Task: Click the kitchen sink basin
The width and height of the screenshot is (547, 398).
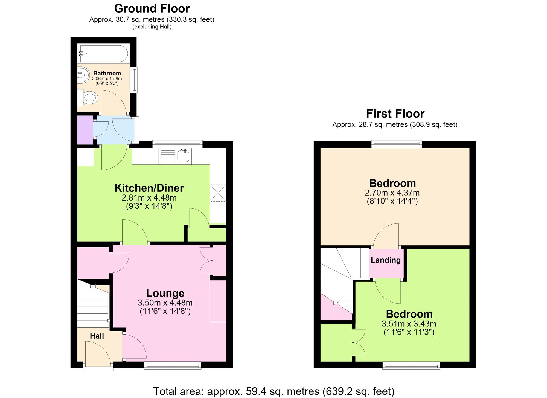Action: pyautogui.click(x=183, y=156)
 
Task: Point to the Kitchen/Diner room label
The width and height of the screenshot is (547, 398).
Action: pyautogui.click(x=149, y=188)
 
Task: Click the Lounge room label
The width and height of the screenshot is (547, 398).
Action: pyautogui.click(x=165, y=293)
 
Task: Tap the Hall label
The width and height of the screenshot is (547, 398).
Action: pyautogui.click(x=97, y=336)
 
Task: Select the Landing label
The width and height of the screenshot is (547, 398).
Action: pyautogui.click(x=386, y=260)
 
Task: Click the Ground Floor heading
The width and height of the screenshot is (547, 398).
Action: pyautogui.click(x=152, y=8)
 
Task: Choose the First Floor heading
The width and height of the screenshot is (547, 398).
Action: pyautogui.click(x=395, y=114)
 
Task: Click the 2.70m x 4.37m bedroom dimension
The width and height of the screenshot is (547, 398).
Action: pyautogui.click(x=392, y=193)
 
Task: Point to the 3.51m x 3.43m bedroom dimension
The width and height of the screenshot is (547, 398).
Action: pyautogui.click(x=409, y=324)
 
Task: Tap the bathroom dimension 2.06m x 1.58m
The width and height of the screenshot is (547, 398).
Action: pyautogui.click(x=107, y=79)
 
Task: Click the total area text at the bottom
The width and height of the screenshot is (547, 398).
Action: pyautogui.click(x=273, y=391)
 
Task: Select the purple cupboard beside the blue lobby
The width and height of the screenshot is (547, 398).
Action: pyautogui.click(x=85, y=130)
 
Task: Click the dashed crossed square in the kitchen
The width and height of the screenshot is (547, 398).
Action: pyautogui.click(x=218, y=193)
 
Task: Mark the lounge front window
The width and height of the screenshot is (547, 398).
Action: pyautogui.click(x=173, y=365)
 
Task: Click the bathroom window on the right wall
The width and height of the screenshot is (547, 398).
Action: pyautogui.click(x=134, y=80)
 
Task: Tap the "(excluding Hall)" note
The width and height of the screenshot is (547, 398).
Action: pyautogui.click(x=152, y=27)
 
